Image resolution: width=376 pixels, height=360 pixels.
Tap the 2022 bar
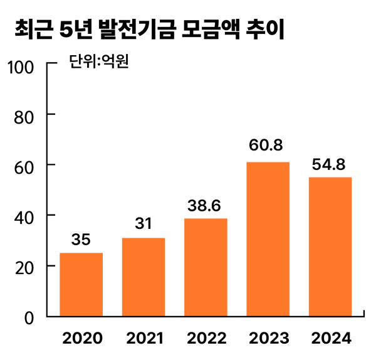(206, 267)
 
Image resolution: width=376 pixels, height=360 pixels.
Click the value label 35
(81, 240)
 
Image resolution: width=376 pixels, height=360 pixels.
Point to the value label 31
(143, 224)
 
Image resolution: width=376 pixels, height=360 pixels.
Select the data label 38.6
(206, 205)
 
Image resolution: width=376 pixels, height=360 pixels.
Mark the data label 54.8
(330, 165)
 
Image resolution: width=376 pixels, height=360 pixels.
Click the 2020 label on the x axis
(81, 339)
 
